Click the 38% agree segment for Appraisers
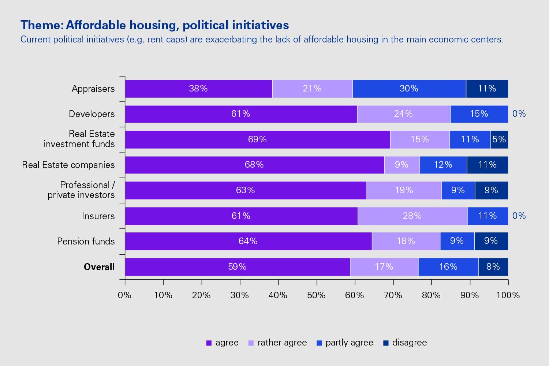point(198,89)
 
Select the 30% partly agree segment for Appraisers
point(409,89)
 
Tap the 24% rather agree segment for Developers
point(403,114)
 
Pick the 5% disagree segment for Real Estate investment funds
point(499,139)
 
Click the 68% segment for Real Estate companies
point(254,165)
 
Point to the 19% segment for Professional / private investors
point(404,190)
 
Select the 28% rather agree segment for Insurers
point(412,216)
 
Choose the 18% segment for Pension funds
point(406,241)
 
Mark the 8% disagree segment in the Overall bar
point(493,267)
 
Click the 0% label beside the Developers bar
point(519,114)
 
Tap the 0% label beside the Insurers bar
point(519,216)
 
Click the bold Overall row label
point(99,267)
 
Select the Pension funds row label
point(86,242)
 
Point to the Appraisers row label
point(93,89)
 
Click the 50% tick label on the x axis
point(316,295)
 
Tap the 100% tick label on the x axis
point(508,295)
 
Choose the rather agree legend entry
point(282,343)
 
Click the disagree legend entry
point(409,343)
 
